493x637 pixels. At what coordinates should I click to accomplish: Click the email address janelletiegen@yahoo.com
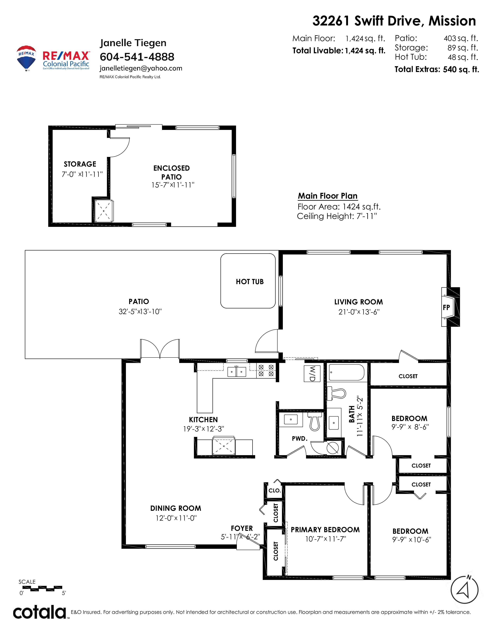[x=141, y=68]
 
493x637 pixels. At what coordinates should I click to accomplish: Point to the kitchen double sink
[x=237, y=372]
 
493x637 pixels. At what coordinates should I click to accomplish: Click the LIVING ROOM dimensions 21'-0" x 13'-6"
[x=359, y=312]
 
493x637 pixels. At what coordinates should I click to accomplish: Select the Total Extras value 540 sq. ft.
[x=461, y=69]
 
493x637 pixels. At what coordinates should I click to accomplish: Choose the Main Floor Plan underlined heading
[x=328, y=196]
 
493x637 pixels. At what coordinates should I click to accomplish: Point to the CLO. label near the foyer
[x=275, y=490]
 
